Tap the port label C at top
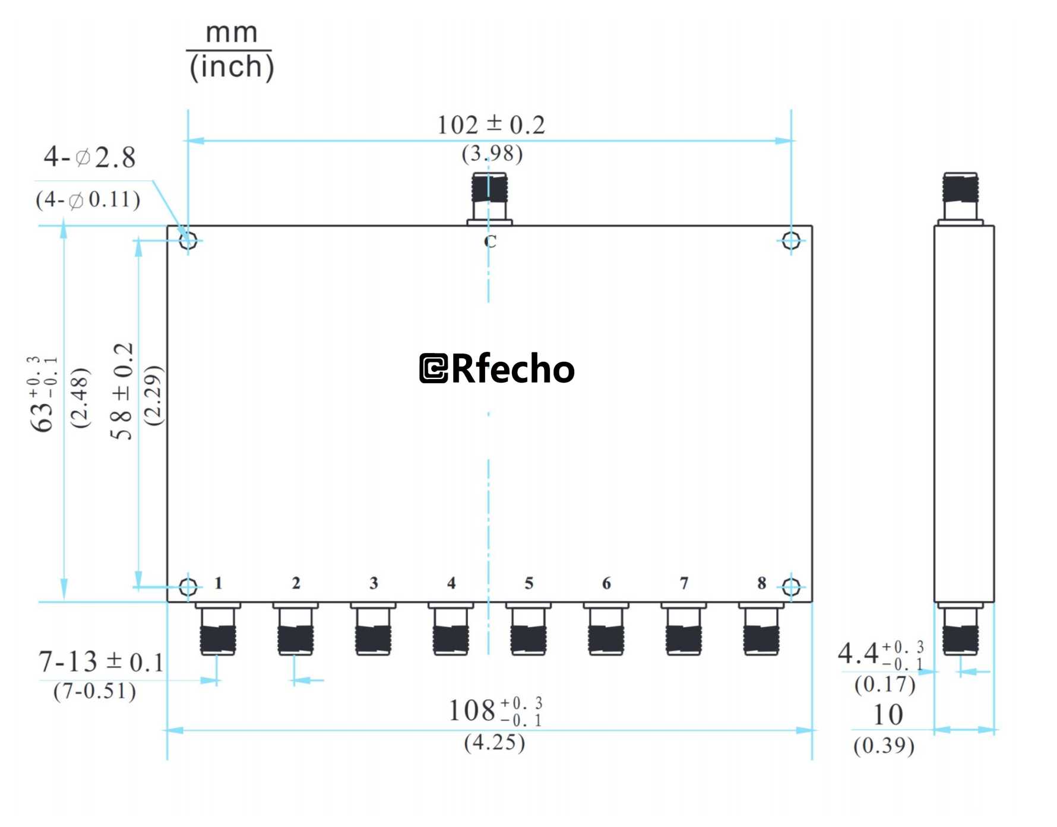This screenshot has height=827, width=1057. coord(490,241)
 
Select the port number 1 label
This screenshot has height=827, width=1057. coord(219,583)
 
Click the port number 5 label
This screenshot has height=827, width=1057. coord(528,583)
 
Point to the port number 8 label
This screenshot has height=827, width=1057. coord(761,583)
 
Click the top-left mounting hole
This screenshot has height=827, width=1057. coord(188,240)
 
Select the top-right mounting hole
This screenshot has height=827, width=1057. coord(791,240)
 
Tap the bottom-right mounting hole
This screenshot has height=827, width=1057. coord(791,587)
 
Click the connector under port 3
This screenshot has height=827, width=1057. coord(373,632)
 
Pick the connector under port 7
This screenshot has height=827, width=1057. coord(683,632)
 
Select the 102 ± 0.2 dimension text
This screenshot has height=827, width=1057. coord(490,125)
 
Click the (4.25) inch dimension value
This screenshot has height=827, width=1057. coord(494,743)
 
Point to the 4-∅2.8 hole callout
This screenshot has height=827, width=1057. coord(90,158)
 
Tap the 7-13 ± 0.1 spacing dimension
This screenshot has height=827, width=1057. coord(101,662)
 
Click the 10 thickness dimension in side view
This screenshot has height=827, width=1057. coord(888,715)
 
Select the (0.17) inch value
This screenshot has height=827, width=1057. coord(885,685)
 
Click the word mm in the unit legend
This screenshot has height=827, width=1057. coord(232,33)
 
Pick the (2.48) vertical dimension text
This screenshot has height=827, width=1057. coord(80,397)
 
